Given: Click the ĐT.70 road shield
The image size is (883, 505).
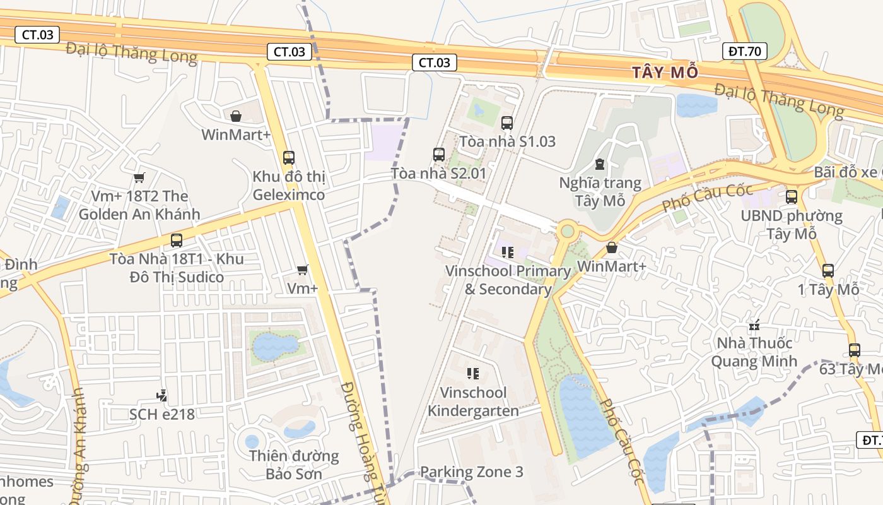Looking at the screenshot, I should (744, 51).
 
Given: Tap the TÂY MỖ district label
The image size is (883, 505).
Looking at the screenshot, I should (666, 73).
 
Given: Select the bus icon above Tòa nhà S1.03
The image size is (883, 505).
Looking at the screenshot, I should (506, 123).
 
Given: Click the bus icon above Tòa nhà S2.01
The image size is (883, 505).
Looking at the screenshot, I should (439, 154).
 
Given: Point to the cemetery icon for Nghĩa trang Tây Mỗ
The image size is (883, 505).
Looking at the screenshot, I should (599, 165).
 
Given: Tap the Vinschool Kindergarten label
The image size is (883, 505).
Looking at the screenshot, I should (473, 401).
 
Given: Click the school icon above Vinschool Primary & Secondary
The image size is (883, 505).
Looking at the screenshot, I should (508, 252).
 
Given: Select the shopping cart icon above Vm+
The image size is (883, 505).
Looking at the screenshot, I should (303, 270).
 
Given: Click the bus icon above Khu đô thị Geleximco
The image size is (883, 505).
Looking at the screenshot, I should (289, 157).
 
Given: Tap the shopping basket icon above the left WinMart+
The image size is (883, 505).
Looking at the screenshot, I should (236, 116).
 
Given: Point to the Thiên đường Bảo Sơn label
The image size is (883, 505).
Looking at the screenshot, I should (294, 465).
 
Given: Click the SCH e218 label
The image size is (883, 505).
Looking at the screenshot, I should (162, 414).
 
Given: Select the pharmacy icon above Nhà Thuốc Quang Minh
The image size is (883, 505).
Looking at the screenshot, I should (754, 326).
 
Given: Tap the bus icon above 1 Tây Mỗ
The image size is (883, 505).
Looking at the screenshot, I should (828, 271).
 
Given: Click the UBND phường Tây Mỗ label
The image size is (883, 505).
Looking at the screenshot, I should (792, 225).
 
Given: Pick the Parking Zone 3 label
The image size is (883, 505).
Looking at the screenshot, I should (471, 472).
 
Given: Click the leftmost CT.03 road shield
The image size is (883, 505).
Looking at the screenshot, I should (38, 35).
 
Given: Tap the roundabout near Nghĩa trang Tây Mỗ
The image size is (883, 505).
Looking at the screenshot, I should (567, 231).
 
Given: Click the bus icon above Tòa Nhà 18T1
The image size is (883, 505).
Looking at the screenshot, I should (177, 240).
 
